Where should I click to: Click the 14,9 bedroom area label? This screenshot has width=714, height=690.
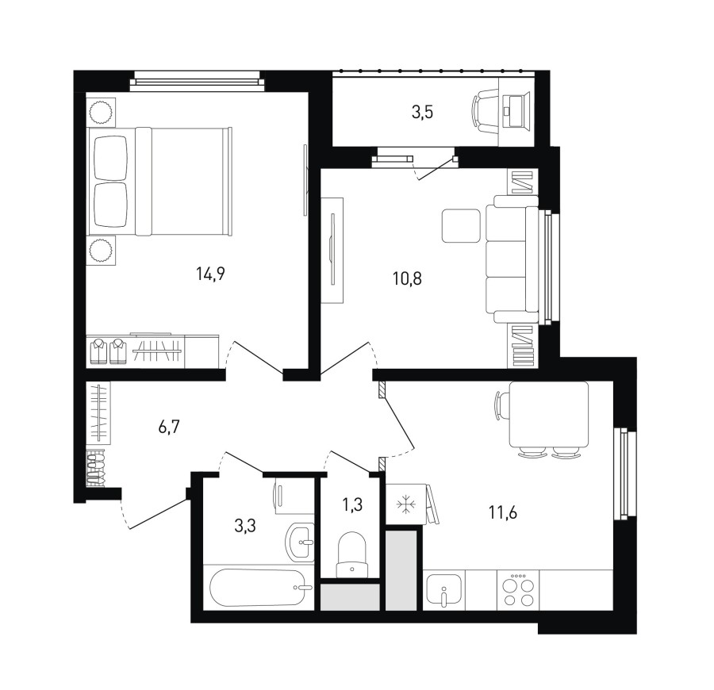click(211, 274)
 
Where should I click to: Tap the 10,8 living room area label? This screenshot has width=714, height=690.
click(407, 278)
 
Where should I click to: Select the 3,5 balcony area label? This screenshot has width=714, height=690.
click(422, 112)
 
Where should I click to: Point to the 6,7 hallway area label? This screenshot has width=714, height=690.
click(170, 427)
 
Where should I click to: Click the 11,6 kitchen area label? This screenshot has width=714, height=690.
click(503, 512)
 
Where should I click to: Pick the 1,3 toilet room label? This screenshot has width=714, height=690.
click(352, 504)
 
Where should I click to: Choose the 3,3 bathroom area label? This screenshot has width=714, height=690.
click(245, 526)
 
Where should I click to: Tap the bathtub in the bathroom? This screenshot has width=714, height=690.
click(258, 588)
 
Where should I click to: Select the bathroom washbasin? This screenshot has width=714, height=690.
click(300, 542)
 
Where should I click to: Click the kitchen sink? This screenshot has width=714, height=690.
click(443, 590)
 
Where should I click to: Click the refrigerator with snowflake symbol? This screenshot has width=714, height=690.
click(405, 504)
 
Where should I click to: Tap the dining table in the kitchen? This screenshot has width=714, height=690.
click(549, 414)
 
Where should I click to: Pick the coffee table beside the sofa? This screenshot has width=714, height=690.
click(461, 226)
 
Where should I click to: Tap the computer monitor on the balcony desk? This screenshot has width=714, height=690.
click(516, 111)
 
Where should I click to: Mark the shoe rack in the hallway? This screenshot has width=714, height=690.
click(96, 469)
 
